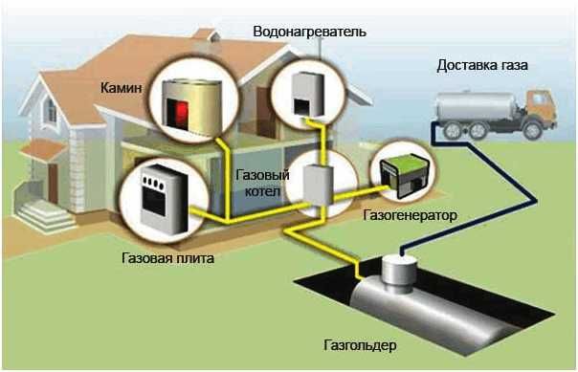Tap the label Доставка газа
pos(482,66)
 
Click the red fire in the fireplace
pos(179,112)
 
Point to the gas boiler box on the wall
pos(316,183)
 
